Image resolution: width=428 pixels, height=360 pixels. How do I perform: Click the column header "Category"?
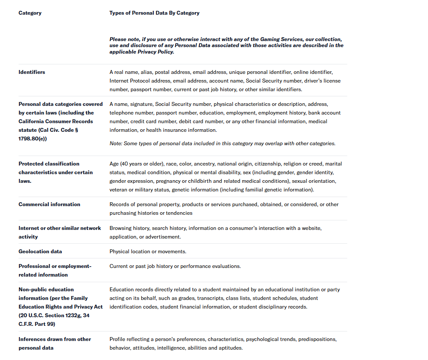click(x=30, y=13)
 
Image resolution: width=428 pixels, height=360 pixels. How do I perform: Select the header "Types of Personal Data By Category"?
click(x=154, y=13)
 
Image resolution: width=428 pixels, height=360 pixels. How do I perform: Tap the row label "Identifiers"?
click(x=32, y=72)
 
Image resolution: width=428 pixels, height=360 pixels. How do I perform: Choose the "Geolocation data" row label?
click(x=40, y=252)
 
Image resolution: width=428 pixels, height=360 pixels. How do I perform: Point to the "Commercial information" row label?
click(x=49, y=204)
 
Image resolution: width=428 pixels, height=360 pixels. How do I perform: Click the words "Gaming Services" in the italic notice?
click(x=281, y=39)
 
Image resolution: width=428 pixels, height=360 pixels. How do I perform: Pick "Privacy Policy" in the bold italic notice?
click(x=155, y=52)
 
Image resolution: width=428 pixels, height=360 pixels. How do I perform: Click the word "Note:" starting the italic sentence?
click(x=116, y=143)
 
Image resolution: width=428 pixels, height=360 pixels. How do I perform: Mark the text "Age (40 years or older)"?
click(x=136, y=164)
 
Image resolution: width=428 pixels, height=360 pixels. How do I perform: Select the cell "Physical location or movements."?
click(x=148, y=252)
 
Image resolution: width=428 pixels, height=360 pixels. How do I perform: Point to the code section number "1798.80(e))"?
click(x=32, y=139)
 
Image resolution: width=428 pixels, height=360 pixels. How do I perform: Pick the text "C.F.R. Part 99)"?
click(x=37, y=324)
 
